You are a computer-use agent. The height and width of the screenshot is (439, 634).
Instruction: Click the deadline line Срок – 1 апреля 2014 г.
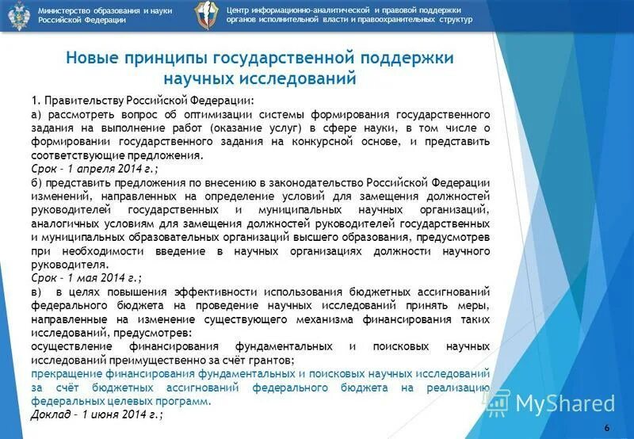[94, 169]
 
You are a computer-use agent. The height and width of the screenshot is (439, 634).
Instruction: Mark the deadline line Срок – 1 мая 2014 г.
[86, 277]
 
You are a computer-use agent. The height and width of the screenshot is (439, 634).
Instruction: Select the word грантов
[272, 360]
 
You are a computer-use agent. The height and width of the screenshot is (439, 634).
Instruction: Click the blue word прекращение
[66, 373]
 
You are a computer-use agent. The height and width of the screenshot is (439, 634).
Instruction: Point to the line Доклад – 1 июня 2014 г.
[97, 414]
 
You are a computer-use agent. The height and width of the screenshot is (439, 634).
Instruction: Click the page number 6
[606, 428]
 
